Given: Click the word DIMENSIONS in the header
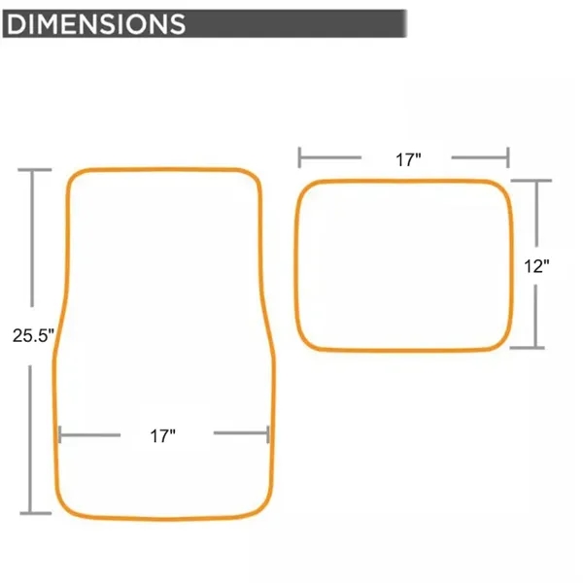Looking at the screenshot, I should pyautogui.click(x=95, y=22).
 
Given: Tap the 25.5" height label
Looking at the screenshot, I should pyautogui.click(x=32, y=335).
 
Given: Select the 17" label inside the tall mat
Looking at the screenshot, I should pyautogui.click(x=162, y=436).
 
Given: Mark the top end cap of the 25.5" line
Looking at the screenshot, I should pyautogui.click(x=35, y=171).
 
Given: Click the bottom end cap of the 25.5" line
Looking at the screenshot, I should pyautogui.click(x=35, y=512).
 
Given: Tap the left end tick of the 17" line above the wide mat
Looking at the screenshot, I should pyautogui.click(x=300, y=156).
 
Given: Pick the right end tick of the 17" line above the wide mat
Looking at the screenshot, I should pyautogui.click(x=507, y=156).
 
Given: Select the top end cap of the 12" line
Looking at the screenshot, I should pyautogui.click(x=531, y=181).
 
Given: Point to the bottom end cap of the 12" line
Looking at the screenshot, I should pyautogui.click(x=531, y=347).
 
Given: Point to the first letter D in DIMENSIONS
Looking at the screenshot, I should pyautogui.click(x=17, y=22).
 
